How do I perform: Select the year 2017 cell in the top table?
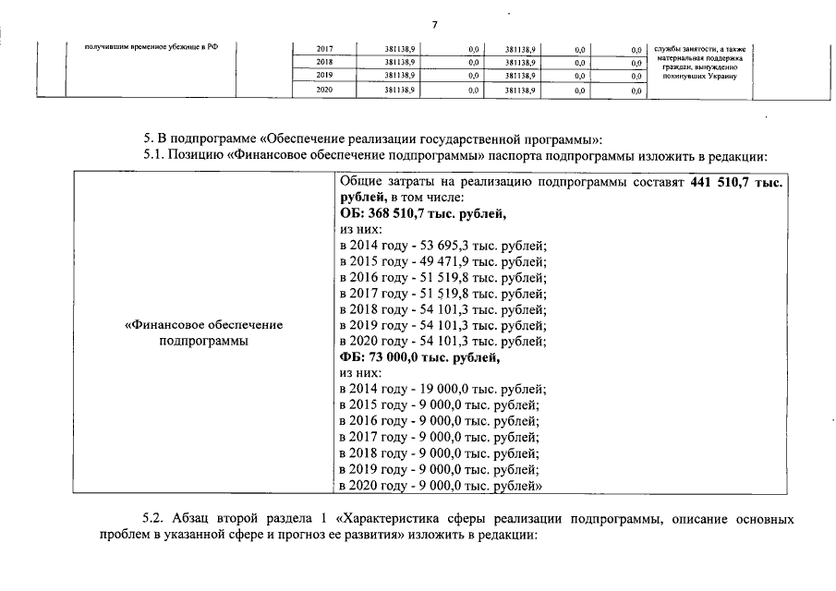tap(324, 48)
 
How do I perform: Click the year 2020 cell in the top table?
tap(324, 90)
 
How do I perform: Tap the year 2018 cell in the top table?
tap(324, 62)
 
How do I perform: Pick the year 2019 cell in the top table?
tap(324, 76)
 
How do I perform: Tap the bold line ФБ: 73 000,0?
tap(419, 357)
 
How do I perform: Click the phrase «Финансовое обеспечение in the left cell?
tap(203, 326)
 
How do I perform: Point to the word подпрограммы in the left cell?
tap(203, 342)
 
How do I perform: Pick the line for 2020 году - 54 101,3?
tap(442, 342)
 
